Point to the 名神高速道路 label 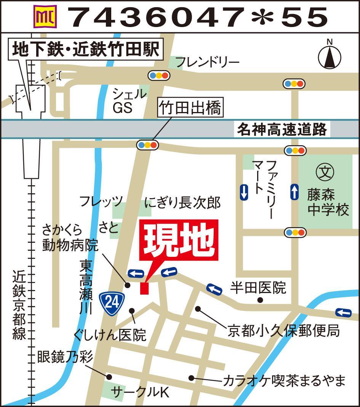[282, 130]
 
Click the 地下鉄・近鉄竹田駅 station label [86, 50]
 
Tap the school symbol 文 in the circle [325, 173]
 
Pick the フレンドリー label [208, 61]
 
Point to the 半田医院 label [258, 288]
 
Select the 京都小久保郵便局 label [284, 330]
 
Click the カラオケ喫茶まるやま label [284, 380]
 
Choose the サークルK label [140, 392]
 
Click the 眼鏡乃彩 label [65, 357]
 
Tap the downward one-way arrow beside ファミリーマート [244, 192]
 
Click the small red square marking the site [144, 288]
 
